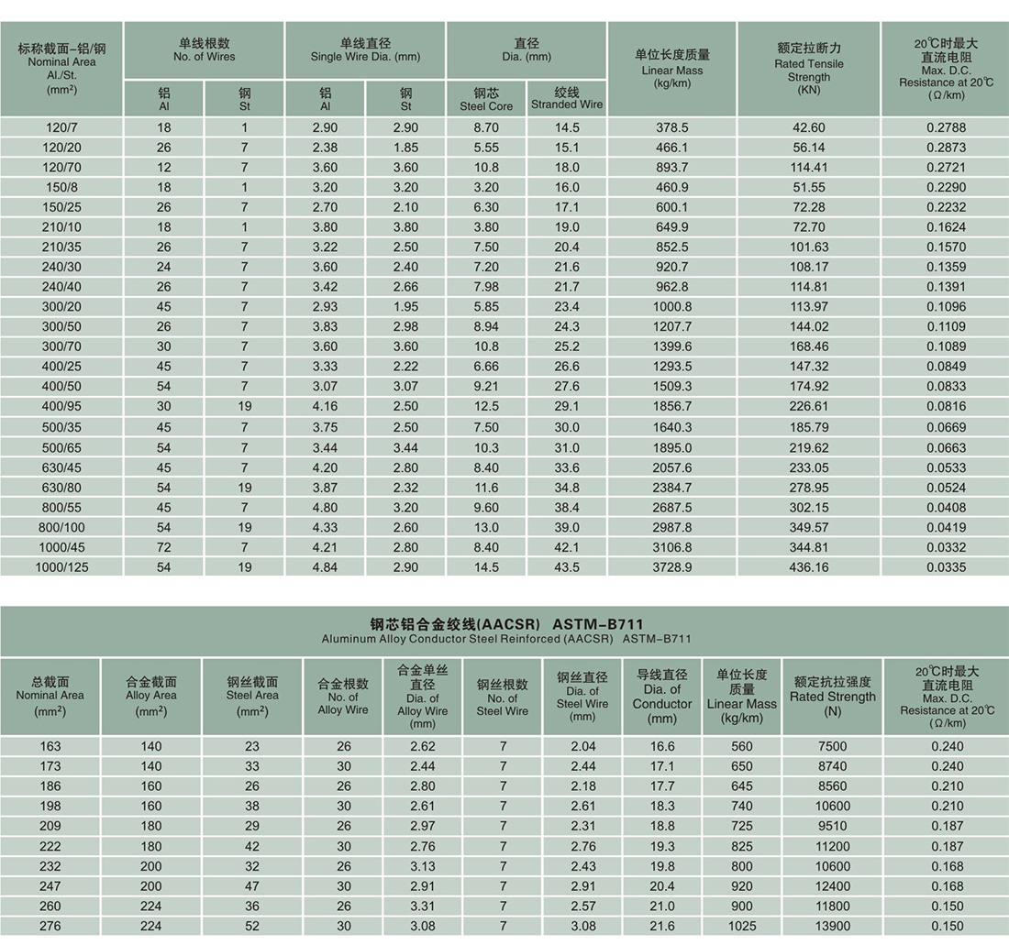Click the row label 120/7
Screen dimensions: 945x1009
tap(61, 127)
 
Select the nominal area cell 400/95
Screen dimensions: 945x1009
tap(61, 407)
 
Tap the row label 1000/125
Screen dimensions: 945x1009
tap(61, 567)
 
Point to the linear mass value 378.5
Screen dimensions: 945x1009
tap(672, 127)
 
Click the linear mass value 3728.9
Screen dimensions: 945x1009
tap(672, 567)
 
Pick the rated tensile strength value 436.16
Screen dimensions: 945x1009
tap(809, 567)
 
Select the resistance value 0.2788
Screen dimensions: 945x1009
tap(946, 127)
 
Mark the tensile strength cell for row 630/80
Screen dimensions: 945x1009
tap(809, 488)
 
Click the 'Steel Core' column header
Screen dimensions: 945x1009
tap(486, 99)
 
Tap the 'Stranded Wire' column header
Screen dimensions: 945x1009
tap(567, 99)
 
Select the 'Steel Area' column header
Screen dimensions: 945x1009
tap(252, 696)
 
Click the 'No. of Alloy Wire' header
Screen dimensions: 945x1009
tap(343, 696)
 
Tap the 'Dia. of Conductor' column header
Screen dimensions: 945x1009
tap(662, 697)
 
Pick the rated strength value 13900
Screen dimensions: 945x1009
tap(833, 927)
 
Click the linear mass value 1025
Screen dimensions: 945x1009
tap(742, 927)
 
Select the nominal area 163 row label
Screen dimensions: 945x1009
tap(50, 746)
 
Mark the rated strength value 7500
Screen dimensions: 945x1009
tap(833, 746)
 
